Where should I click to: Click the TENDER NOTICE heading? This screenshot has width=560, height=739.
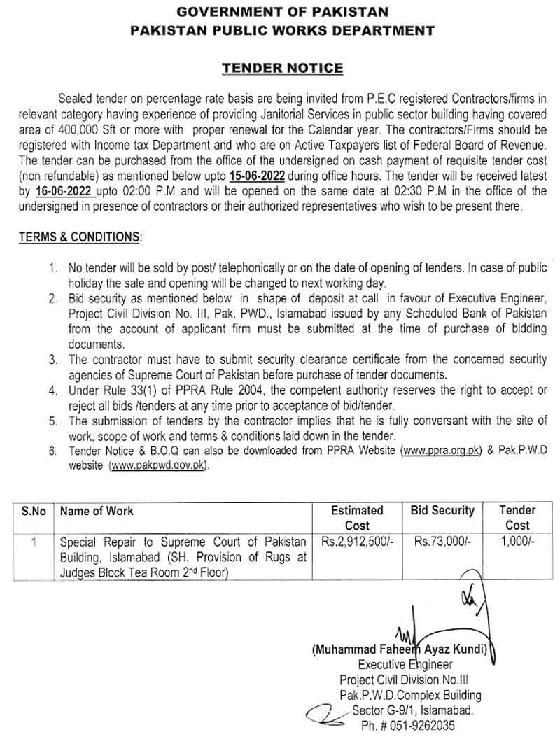282,68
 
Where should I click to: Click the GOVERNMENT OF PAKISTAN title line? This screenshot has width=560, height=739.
282,13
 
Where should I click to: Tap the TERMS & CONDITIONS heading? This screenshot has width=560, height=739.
79,237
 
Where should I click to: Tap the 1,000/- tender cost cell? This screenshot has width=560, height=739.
517,541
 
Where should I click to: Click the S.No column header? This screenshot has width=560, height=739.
34,511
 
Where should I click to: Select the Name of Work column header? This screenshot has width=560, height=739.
97,511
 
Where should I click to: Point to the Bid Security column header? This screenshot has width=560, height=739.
442,511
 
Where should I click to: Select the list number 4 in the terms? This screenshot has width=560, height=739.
52,390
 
